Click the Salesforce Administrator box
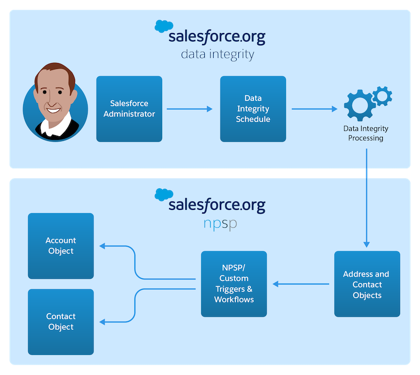pyautogui.click(x=129, y=109)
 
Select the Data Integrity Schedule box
pyautogui.click(x=253, y=109)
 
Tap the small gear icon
pyautogui.click(x=382, y=95)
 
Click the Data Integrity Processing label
pyautogui.click(x=365, y=133)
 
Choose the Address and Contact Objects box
pyautogui.click(x=367, y=284)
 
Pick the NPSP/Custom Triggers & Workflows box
pyautogui.click(x=234, y=284)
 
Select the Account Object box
pyautogui.click(x=61, y=246)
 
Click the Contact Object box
pyautogui.click(x=61, y=321)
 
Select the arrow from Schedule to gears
pyautogui.click(x=314, y=109)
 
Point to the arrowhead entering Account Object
pyautogui.click(x=102, y=246)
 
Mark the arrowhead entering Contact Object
pyautogui.click(x=102, y=322)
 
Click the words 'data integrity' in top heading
pyautogui.click(x=217, y=55)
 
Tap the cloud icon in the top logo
pyautogui.click(x=164, y=26)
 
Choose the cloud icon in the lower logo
pyautogui.click(x=164, y=194)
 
